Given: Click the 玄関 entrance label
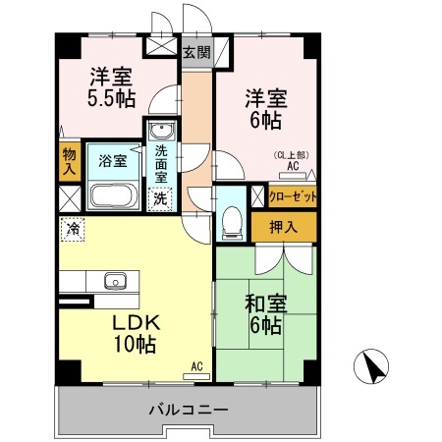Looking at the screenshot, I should tap(195, 53).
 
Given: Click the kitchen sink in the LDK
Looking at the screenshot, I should tap(115, 283).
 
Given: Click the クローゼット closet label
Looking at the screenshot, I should tap(293, 196).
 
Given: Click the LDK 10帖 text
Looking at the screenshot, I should tap(134, 334).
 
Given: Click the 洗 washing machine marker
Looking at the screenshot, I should tap(159, 197).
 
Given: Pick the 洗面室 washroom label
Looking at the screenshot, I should tap(160, 163).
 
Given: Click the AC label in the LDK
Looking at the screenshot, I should tap(196, 366).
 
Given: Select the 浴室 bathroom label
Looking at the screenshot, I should tap(112, 161).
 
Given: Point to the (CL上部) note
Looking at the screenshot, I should tap(292, 155).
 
